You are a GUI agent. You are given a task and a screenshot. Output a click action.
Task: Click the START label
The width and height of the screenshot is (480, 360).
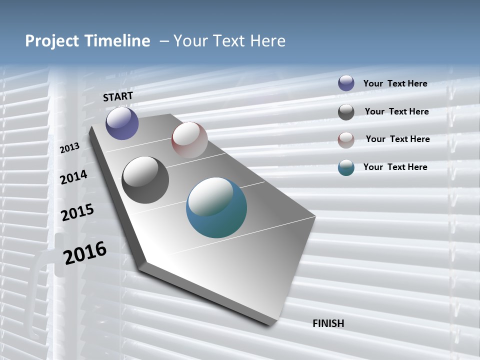(118, 96)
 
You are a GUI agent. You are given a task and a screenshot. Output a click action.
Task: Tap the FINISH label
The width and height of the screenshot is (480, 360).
(328, 323)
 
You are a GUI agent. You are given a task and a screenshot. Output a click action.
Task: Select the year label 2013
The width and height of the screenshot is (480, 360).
(70, 147)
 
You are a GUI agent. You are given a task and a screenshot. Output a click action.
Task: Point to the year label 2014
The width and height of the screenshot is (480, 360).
(74, 177)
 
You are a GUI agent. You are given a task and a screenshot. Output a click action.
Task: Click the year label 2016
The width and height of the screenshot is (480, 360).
(85, 253)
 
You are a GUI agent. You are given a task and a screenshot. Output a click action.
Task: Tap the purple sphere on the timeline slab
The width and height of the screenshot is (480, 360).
(122, 123)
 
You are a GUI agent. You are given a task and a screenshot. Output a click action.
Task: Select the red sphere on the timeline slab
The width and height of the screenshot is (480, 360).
(189, 140)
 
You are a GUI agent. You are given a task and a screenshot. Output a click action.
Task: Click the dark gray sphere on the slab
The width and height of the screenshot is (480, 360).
(145, 180)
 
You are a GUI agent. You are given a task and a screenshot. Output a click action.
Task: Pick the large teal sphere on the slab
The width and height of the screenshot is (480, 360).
(216, 207)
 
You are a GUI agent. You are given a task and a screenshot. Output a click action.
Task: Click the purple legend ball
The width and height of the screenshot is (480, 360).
(346, 83)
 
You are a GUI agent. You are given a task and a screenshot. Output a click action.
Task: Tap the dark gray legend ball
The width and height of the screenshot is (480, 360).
(346, 112)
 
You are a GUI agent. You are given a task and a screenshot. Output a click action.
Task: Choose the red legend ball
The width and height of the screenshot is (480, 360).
(346, 140)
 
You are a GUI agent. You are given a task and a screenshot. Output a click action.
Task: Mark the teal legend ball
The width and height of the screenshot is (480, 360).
(346, 167)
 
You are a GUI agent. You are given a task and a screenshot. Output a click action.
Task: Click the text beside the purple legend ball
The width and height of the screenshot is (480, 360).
(395, 83)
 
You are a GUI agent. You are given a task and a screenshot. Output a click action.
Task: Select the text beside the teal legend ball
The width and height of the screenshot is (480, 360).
(395, 167)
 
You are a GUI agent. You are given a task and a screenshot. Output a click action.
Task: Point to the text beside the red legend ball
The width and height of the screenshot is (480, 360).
(397, 139)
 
